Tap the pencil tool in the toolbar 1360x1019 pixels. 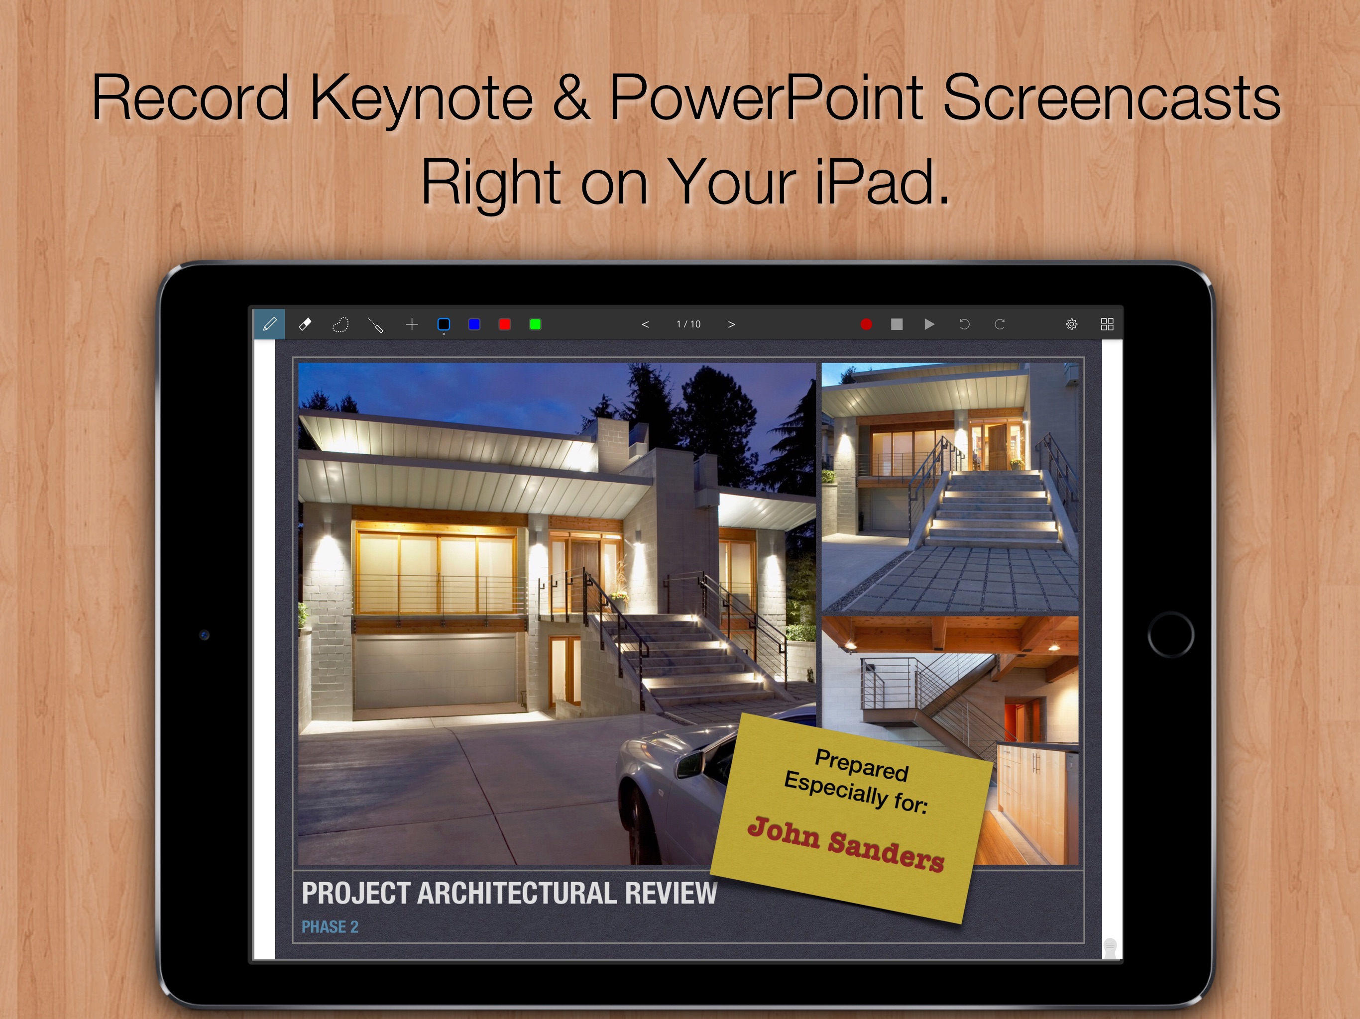[x=269, y=324]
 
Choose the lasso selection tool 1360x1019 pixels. [x=340, y=324]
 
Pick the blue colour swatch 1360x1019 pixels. [x=474, y=324]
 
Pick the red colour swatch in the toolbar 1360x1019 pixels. [x=505, y=324]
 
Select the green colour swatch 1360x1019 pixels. [x=536, y=324]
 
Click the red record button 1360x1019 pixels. [x=866, y=324]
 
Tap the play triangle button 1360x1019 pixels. [x=929, y=324]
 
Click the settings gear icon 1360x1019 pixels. [x=1072, y=324]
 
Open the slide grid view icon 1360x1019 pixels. [x=1107, y=324]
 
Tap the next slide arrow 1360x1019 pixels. [x=732, y=324]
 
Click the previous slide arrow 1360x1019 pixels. [x=645, y=324]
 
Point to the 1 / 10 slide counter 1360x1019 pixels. [x=688, y=324]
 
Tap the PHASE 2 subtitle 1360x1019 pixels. [x=330, y=927]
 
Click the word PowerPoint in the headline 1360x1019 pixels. [x=766, y=97]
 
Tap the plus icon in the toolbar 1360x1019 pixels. [x=412, y=324]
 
